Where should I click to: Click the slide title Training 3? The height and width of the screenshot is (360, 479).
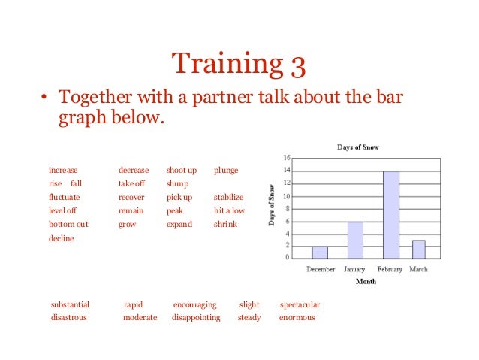239,64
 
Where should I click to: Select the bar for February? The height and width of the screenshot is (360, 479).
390,215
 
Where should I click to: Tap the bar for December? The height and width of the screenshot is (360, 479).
320,252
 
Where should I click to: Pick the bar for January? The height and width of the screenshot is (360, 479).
354,240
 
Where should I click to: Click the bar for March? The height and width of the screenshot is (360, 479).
419,250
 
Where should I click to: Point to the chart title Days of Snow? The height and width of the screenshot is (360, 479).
357,147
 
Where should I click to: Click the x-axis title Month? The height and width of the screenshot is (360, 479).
366,282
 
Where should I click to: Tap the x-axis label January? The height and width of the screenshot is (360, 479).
354,269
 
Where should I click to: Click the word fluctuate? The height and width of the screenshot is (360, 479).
64,197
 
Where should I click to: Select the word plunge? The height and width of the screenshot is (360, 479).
226,171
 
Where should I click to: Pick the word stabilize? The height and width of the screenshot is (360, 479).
229,197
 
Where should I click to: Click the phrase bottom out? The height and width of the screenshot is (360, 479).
68,224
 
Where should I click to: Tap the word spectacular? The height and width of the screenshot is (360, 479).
300,304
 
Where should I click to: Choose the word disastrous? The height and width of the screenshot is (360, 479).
69,317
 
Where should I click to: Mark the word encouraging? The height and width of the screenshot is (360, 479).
194,304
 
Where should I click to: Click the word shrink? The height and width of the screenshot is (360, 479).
225,224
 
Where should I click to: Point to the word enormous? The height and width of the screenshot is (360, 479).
297,317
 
